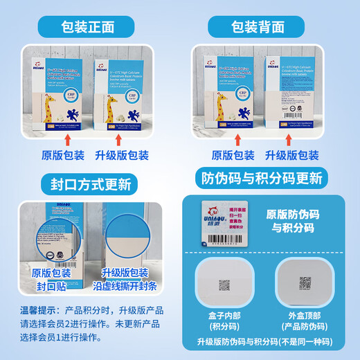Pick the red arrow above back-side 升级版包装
click(302, 141)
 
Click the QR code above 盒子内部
click(224, 285)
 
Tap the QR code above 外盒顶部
click(306, 284)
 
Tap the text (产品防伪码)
click(305, 327)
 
